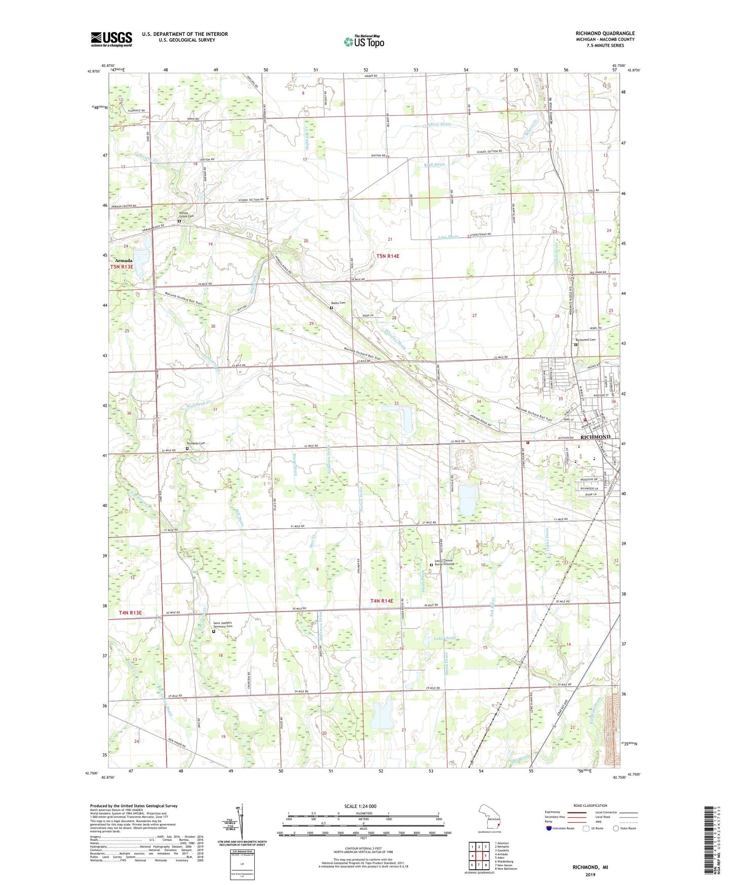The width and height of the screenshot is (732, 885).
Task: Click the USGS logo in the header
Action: [111, 39]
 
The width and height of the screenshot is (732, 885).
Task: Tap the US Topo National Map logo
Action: [363, 41]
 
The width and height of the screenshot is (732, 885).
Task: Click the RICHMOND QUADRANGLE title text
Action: [605, 33]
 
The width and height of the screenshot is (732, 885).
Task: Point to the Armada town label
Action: [123, 261]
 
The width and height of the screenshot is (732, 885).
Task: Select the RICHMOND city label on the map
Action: [595, 437]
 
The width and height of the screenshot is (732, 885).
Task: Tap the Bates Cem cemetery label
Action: [338, 303]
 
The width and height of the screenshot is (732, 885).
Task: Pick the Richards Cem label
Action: [196, 444]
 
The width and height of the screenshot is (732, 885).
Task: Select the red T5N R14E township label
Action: [388, 256]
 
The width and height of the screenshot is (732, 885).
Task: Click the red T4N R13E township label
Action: [130, 613]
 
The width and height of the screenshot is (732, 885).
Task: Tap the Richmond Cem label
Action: [585, 340]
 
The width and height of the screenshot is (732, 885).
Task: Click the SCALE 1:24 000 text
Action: [360, 806]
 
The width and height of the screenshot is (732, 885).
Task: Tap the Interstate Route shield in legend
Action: [549, 828]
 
